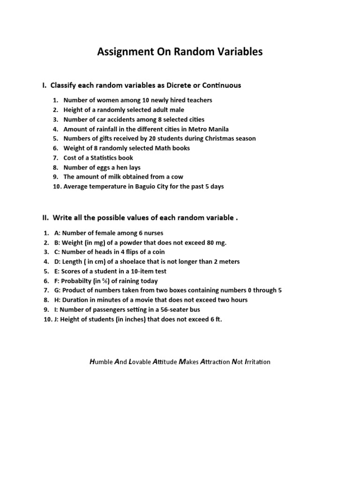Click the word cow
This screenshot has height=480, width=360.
coord(177,177)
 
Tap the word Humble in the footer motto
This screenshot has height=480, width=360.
coord(100,362)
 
